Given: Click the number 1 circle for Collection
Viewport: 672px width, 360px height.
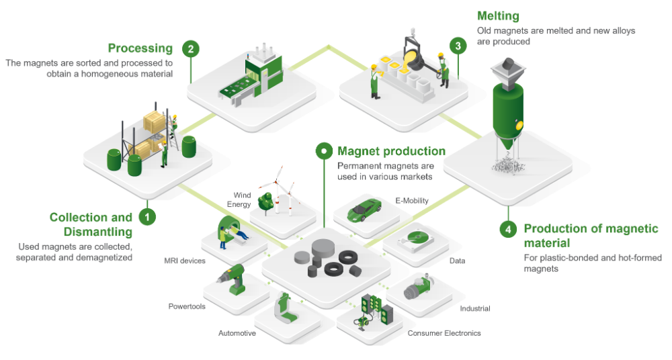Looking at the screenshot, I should pyautogui.click(x=146, y=218).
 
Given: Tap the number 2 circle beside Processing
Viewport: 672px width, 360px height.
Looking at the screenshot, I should pyautogui.click(x=192, y=48).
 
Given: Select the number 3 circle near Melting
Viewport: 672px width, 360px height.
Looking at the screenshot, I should pyautogui.click(x=458, y=46).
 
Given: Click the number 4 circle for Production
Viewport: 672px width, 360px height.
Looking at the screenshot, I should pyautogui.click(x=507, y=229).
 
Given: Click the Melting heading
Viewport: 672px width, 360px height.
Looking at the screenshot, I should pyautogui.click(x=498, y=16).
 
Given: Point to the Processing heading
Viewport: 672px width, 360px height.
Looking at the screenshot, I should pyautogui.click(x=140, y=48).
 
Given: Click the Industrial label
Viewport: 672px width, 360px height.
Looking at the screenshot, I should pyautogui.click(x=474, y=308).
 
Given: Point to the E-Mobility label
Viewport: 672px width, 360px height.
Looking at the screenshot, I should pyautogui.click(x=411, y=200).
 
